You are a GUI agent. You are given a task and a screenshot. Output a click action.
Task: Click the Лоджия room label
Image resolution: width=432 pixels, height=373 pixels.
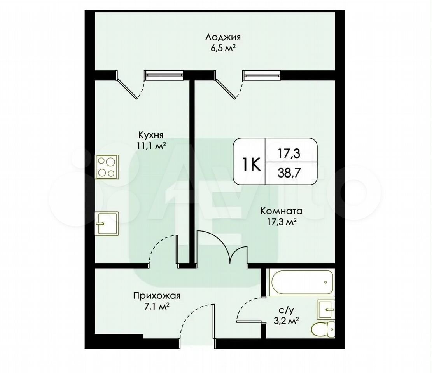coord(223,37)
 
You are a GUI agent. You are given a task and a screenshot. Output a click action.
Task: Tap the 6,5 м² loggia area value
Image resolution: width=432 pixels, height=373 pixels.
coord(223,48)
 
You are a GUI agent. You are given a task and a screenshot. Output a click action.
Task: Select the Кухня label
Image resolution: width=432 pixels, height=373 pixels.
coord(151,135)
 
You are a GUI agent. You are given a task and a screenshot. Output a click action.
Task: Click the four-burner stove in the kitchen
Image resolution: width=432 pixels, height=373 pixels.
coord(107,167)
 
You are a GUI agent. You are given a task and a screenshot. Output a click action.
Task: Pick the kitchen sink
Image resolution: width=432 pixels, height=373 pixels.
coord(107,223)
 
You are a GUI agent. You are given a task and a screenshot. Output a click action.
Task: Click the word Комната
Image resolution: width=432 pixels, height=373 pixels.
coord(281,211)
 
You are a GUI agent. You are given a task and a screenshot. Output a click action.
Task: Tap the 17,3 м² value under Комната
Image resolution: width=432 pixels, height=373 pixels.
coord(282,221)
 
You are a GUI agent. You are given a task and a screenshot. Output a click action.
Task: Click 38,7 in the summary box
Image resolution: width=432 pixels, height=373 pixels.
coord(289,173)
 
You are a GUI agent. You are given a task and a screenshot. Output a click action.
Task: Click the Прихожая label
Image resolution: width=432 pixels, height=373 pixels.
coord(157,296)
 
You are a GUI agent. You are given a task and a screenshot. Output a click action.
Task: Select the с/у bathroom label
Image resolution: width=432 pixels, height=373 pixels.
coord(286,310)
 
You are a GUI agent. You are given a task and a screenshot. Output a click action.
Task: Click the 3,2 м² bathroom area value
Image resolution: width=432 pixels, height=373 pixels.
coord(286,321)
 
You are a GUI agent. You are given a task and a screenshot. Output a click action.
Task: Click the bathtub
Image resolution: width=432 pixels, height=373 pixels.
coord(302,283)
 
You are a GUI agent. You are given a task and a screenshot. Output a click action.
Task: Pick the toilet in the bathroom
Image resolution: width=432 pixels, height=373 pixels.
coord(323,329)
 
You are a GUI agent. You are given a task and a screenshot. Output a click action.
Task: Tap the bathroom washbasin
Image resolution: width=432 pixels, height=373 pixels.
coord(326,309)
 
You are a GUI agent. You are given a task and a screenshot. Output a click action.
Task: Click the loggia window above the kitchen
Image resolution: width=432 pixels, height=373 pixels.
coord(164,75)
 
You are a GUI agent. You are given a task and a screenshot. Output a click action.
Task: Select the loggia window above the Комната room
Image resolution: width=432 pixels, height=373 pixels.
coord(261,75)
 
